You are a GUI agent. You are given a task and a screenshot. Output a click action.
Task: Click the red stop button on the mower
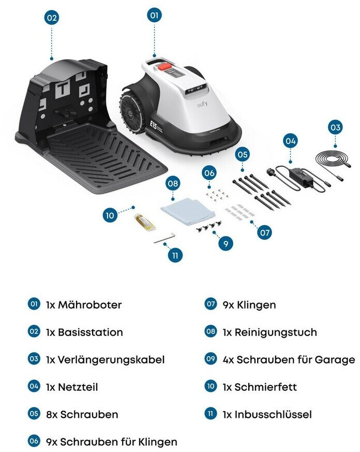click(x=164, y=66)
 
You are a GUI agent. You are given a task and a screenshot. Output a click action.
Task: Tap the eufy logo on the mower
click(x=202, y=104)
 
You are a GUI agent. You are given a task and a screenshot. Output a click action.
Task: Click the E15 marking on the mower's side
click(x=153, y=125)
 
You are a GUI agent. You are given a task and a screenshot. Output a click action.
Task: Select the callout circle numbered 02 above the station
click(x=52, y=18)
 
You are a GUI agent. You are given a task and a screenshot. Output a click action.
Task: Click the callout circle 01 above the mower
click(x=154, y=16)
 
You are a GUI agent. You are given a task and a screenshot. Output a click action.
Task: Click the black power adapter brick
click(x=301, y=176)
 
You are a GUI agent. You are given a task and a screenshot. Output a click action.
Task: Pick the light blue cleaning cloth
click(x=188, y=211)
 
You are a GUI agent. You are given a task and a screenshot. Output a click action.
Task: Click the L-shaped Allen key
click(x=164, y=238)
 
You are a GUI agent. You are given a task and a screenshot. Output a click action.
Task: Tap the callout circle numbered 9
click(x=226, y=244)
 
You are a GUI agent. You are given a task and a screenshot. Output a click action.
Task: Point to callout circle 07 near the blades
click(x=265, y=232)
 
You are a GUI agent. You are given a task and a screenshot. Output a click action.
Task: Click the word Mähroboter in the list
click(x=90, y=304)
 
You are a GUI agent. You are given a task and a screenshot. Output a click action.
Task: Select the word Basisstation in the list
click(x=91, y=332)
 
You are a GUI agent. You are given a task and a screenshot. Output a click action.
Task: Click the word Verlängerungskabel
click(x=111, y=360)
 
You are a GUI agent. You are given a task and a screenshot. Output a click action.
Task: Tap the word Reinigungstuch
click(x=276, y=332)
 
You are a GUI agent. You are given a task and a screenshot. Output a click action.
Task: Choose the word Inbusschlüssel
click(x=273, y=415)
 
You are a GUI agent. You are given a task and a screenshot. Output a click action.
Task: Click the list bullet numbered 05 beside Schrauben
click(x=34, y=414)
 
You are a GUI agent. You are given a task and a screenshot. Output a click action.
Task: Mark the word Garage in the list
click(x=335, y=360)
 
